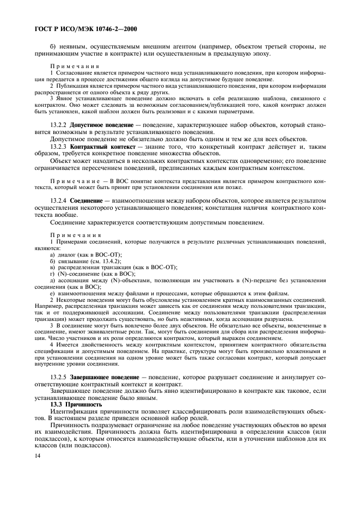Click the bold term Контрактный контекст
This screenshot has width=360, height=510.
tap(101, 147)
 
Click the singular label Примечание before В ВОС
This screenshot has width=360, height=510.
tap(73, 180)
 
